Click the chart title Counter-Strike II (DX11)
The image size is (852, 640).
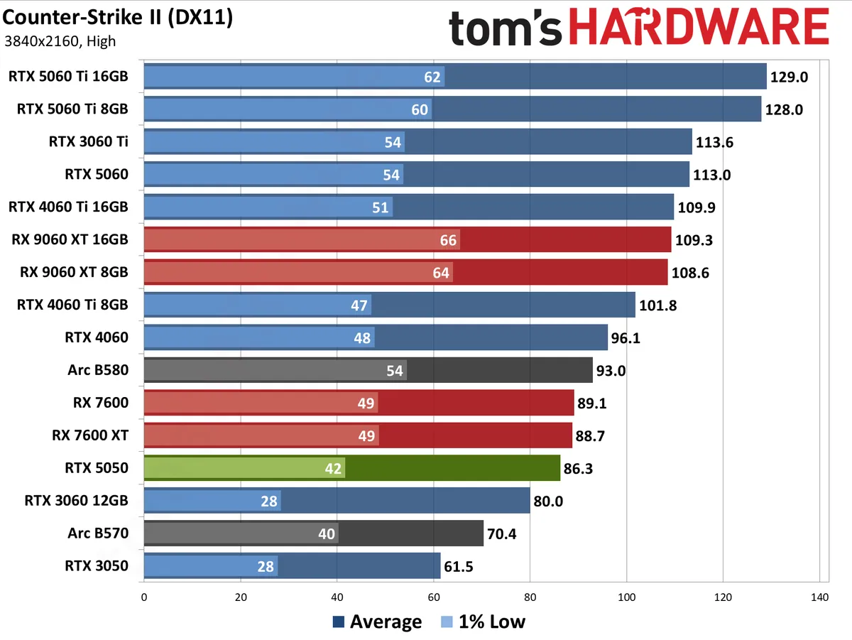pos(118,18)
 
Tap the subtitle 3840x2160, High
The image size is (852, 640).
pos(60,41)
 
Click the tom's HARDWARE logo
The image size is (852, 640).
pos(638,29)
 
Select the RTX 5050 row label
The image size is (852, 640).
pos(97,468)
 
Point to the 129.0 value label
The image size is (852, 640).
pos(790,77)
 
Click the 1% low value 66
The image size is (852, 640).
pos(448,240)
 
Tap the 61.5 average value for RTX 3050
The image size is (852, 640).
pos(459,566)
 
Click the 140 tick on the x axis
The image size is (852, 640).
pos(819,598)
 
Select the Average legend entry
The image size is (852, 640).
pos(377,622)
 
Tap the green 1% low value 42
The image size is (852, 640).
pos(334,469)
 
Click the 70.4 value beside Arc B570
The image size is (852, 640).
pos(501,533)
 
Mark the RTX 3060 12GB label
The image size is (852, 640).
pos(77,501)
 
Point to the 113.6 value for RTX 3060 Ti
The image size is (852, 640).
pos(714,142)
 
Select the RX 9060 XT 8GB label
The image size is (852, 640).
pos(70,272)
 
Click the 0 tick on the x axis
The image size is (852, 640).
pos(144,598)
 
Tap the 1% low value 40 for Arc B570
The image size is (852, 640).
pos(327,534)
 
